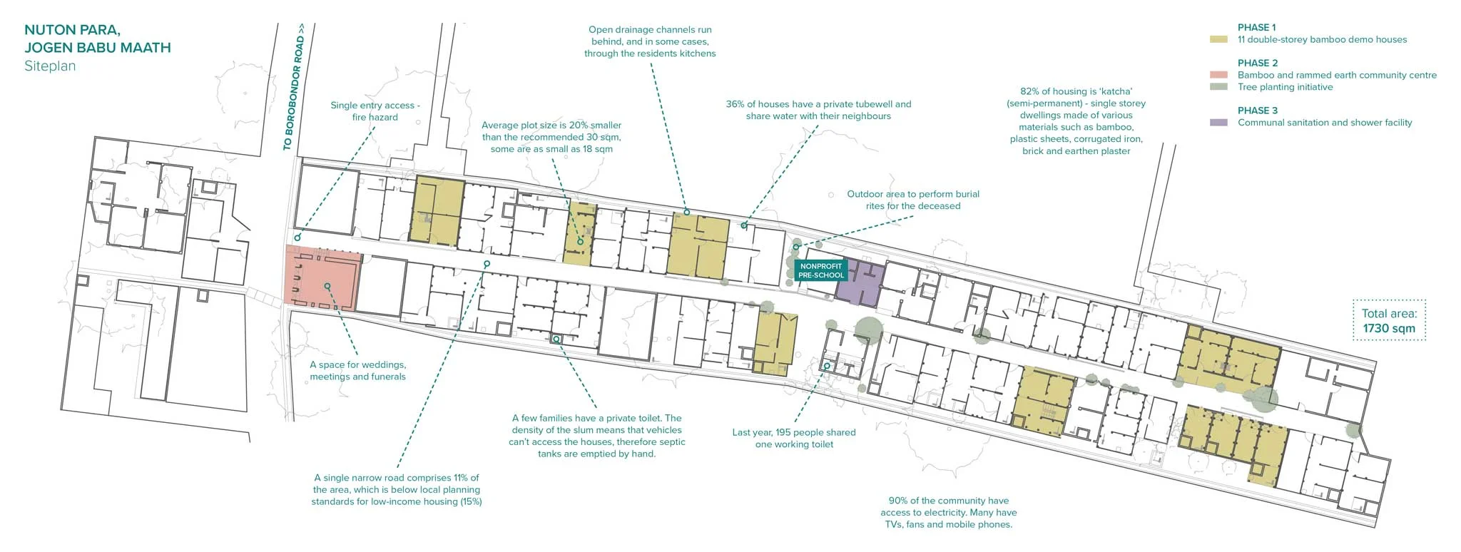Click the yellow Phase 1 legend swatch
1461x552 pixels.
1218,40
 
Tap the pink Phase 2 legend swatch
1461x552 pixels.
1218,75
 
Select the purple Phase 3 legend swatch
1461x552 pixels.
1218,123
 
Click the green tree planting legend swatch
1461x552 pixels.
1218,87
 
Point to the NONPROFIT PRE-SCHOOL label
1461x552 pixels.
820,270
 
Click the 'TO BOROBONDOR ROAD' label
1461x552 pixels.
293,87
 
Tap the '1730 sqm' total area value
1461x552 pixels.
1388,329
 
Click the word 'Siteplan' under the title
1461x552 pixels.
50,66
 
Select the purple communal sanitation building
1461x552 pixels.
860,282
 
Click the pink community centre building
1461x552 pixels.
321,278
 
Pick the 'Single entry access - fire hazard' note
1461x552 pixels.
375,111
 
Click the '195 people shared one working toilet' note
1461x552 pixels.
794,438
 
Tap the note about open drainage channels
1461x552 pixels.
650,41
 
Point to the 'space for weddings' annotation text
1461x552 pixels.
357,370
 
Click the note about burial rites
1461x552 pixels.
913,200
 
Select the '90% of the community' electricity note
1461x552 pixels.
948,512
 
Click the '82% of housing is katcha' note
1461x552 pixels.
1076,121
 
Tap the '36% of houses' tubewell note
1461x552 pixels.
818,110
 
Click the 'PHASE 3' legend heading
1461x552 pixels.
1258,111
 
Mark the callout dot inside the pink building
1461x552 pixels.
327,286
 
